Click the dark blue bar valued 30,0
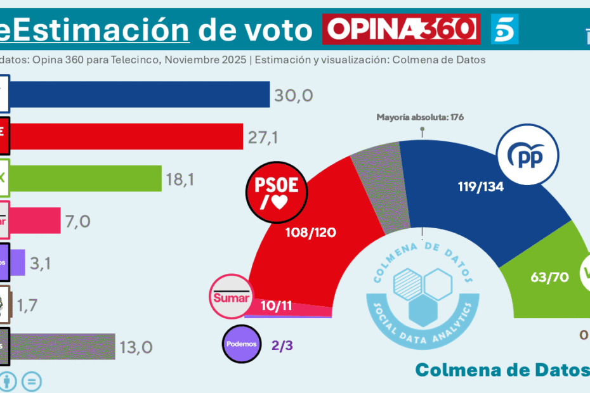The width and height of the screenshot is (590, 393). click(x=140, y=96)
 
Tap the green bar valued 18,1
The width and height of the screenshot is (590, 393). click(x=86, y=179)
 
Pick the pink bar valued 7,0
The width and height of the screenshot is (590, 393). click(x=36, y=220)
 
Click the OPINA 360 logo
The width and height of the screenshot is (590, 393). click(x=401, y=29)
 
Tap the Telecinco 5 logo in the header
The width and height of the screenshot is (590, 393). click(x=504, y=29)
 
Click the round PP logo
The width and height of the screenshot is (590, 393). click(x=528, y=155)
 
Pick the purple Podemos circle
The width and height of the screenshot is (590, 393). click(x=242, y=344)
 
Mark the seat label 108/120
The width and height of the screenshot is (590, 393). click(x=310, y=232)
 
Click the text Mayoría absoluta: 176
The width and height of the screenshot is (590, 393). click(x=421, y=117)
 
